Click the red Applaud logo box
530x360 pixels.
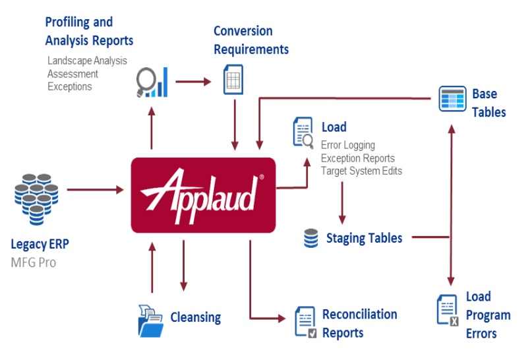pyautogui.click(x=203, y=195)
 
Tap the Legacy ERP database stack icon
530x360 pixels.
pyautogui.click(x=36, y=199)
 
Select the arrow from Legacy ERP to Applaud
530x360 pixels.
pyautogui.click(x=96, y=190)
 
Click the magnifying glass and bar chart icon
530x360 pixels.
pyautogui.click(x=152, y=82)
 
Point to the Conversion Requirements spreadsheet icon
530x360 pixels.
pyautogui.click(x=233, y=80)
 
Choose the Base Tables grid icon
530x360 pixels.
pyautogui.click(x=452, y=99)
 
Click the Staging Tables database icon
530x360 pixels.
pyautogui.click(x=310, y=238)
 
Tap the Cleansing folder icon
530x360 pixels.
pyautogui.click(x=151, y=321)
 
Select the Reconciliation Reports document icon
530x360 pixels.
pyautogui.click(x=306, y=322)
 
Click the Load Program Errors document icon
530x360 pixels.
pyautogui.click(x=448, y=310)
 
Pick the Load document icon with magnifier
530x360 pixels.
pyautogui.click(x=303, y=133)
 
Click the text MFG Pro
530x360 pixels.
pyautogui.click(x=34, y=262)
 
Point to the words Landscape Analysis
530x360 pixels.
pyautogui.click(x=87, y=61)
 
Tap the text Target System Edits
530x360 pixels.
pyautogui.click(x=361, y=171)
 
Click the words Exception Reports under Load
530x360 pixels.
pyautogui.click(x=357, y=158)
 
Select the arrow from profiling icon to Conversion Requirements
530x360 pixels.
pyautogui.click(x=193, y=82)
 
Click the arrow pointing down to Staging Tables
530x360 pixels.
pyautogui.click(x=342, y=203)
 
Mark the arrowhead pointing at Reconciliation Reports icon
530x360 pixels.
pyautogui.click(x=281, y=318)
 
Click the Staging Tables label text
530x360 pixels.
pyautogui.click(x=364, y=238)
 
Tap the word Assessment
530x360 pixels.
pyautogui.click(x=73, y=74)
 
